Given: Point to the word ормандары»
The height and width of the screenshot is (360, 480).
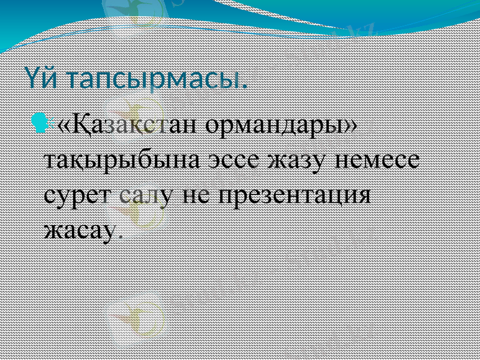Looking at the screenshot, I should click(x=282, y=126).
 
